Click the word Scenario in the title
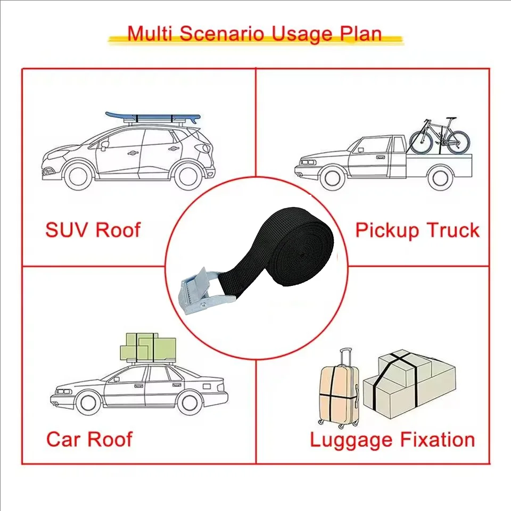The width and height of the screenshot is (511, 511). point(221,34)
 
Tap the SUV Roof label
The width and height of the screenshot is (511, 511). point(93,230)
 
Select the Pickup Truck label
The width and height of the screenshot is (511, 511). point(417,230)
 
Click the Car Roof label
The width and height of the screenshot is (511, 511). point(89,439)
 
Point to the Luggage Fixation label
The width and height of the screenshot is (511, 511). point(392,440)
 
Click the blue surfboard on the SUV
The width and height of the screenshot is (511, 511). point(153,117)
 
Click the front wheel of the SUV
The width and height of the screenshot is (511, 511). point(78,177)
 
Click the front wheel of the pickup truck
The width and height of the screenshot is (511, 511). point(332,178)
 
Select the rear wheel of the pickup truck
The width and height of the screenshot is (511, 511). point(440,178)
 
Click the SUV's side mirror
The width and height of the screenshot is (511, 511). point(105,145)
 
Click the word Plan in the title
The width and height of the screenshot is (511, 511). point(361,34)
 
